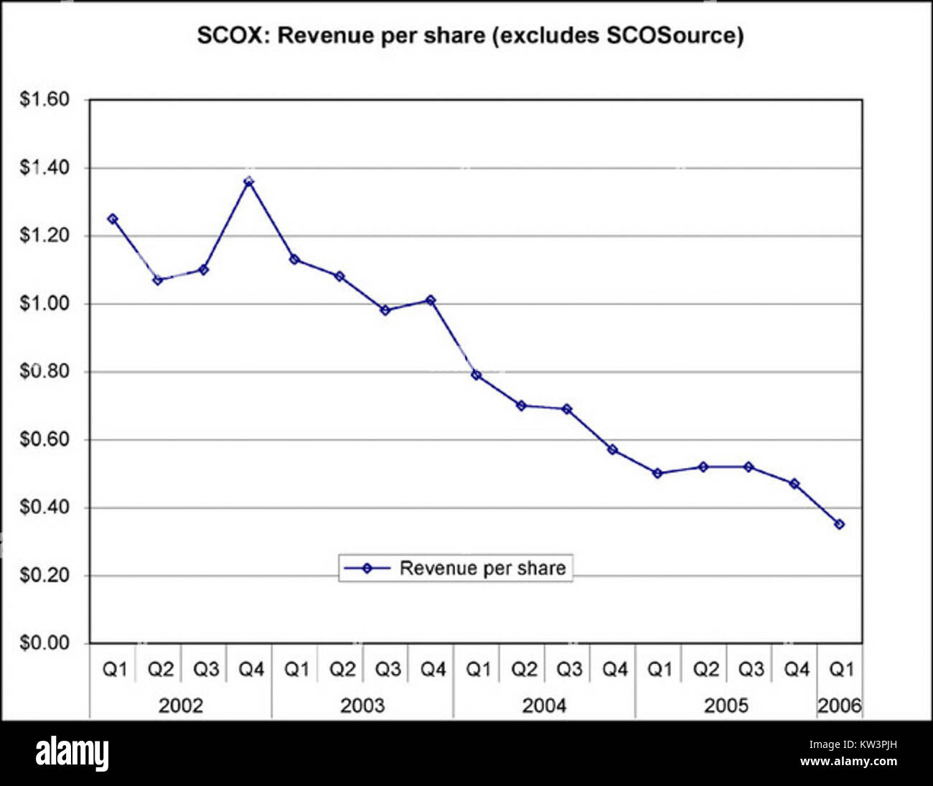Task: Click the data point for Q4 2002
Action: click(x=248, y=182)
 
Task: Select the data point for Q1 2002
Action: click(x=113, y=219)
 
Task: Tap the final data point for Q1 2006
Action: click(x=839, y=525)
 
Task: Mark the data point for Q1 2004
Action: click(x=476, y=375)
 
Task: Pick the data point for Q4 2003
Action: click(x=431, y=300)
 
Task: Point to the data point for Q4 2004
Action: click(x=612, y=449)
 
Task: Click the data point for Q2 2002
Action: click(x=158, y=280)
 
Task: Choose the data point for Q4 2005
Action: click(x=794, y=484)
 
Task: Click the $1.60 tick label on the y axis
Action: click(x=44, y=99)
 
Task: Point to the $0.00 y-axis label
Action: click(x=44, y=643)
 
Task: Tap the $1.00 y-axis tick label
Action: click(x=44, y=304)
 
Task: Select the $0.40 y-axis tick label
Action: click(x=44, y=507)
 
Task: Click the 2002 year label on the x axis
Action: click(x=181, y=706)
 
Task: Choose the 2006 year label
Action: click(x=839, y=706)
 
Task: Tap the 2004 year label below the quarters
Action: click(x=544, y=706)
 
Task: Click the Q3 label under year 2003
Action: click(x=388, y=670)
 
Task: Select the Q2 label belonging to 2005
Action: click(x=705, y=670)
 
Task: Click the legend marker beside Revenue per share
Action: click(x=367, y=569)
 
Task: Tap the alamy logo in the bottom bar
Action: click(x=72, y=754)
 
